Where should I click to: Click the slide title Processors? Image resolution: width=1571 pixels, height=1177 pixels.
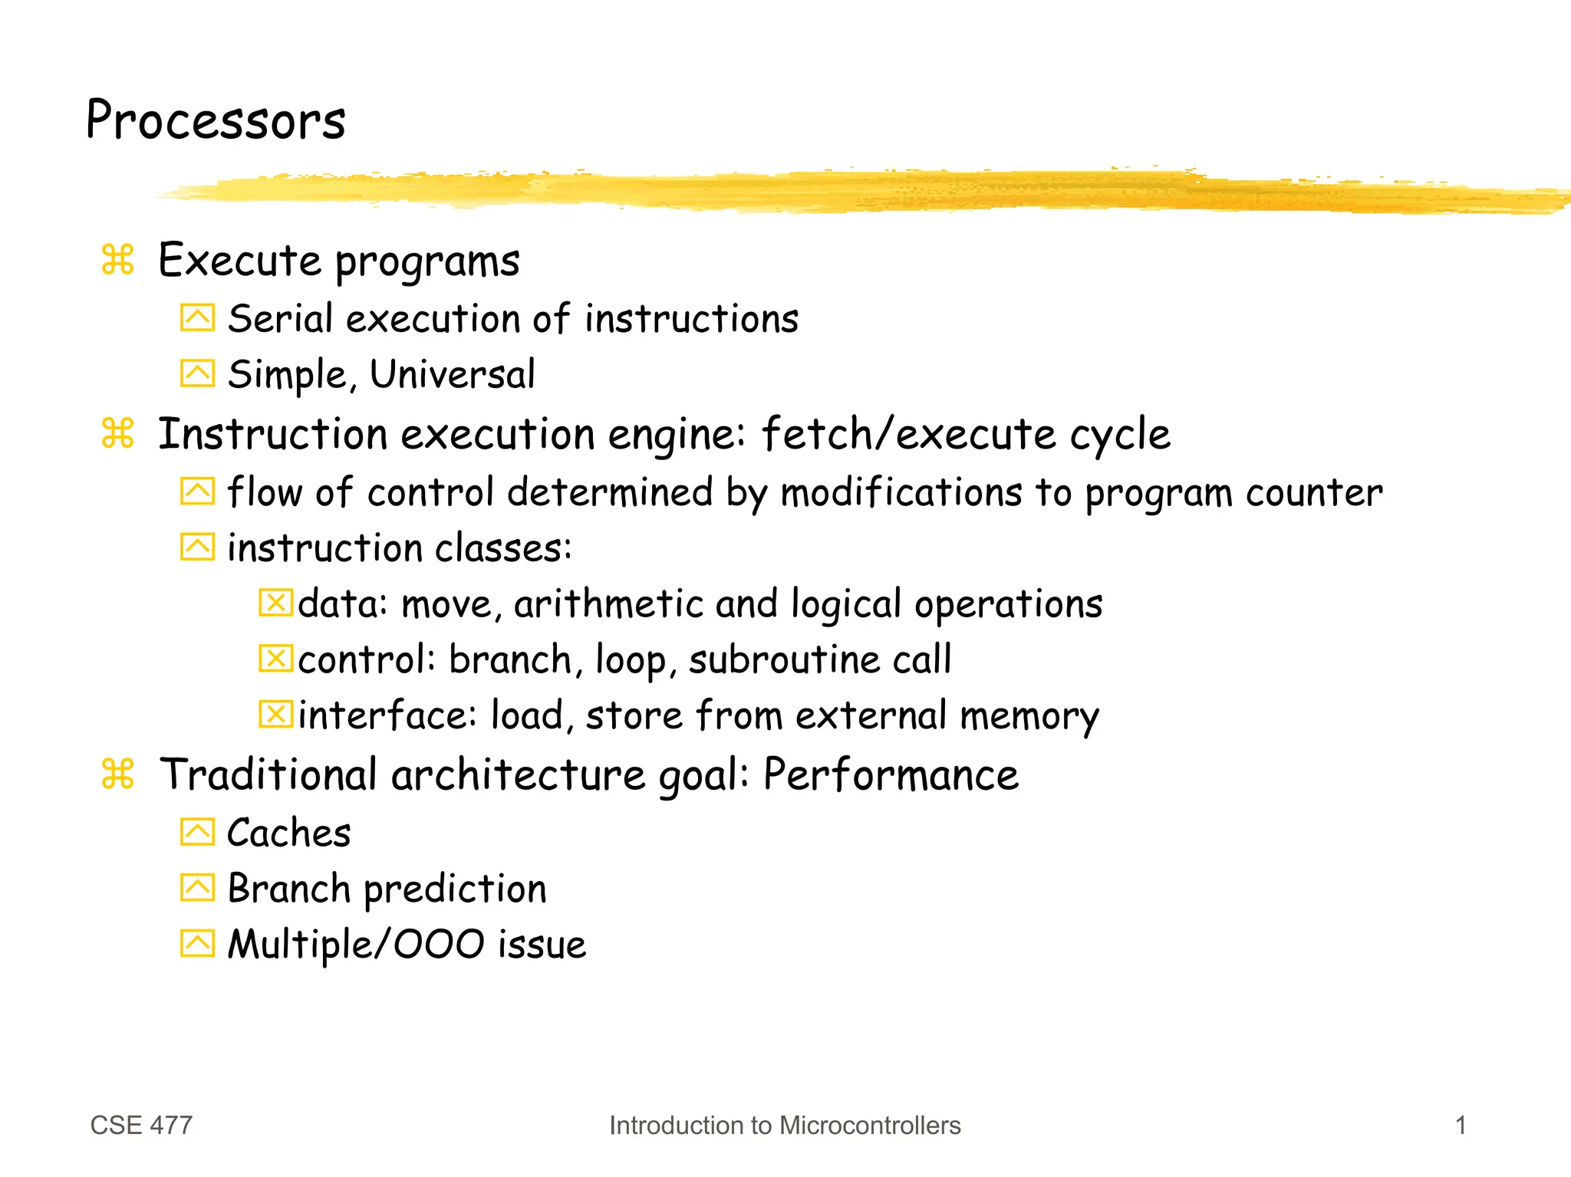(216, 120)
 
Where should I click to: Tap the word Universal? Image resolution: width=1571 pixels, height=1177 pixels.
(452, 374)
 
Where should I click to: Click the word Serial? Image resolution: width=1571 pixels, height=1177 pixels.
(280, 318)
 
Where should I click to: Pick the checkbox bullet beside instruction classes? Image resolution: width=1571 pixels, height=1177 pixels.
(197, 547)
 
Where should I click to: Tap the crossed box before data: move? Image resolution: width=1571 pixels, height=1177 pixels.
(275, 603)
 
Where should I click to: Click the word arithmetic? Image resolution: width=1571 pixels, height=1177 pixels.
(608, 603)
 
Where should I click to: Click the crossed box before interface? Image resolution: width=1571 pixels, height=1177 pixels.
(275, 714)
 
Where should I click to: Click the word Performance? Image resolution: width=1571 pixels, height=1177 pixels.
(891, 774)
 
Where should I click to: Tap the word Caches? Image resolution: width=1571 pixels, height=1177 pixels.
(288, 833)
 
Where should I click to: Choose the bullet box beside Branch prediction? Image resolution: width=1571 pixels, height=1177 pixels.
(197, 888)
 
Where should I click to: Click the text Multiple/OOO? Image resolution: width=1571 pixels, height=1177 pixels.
(356, 944)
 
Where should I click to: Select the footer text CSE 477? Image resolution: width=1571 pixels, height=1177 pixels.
(141, 1125)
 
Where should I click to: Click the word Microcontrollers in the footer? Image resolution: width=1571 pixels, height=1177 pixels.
(869, 1125)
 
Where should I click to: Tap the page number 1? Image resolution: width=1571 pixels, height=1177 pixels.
(1461, 1125)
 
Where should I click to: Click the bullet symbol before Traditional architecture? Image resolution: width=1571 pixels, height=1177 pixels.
(117, 774)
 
